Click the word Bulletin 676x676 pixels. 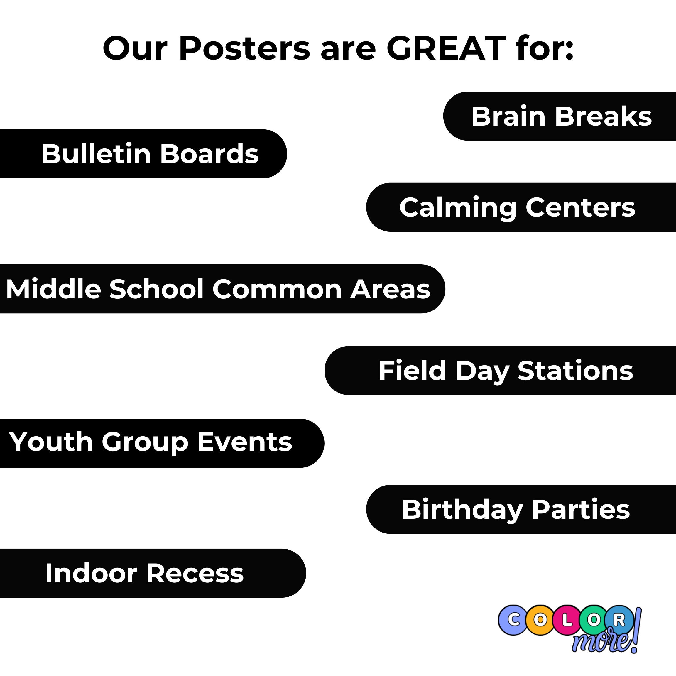[96, 154]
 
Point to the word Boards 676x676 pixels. [209, 154]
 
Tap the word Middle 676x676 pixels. [53, 289]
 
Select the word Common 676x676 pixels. [277, 289]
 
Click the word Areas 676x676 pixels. [390, 289]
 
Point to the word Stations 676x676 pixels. [575, 371]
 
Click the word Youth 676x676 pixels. [51, 442]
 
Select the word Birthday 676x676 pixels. [462, 510]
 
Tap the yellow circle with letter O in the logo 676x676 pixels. [540, 620]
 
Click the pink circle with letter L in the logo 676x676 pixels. [567, 620]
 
